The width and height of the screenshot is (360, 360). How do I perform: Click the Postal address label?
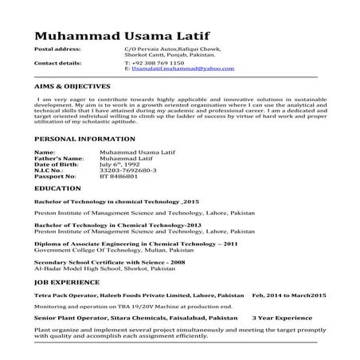coord(57,49)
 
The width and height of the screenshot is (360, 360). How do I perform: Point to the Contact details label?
coord(58,62)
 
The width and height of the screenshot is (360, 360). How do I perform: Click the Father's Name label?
coord(59,157)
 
